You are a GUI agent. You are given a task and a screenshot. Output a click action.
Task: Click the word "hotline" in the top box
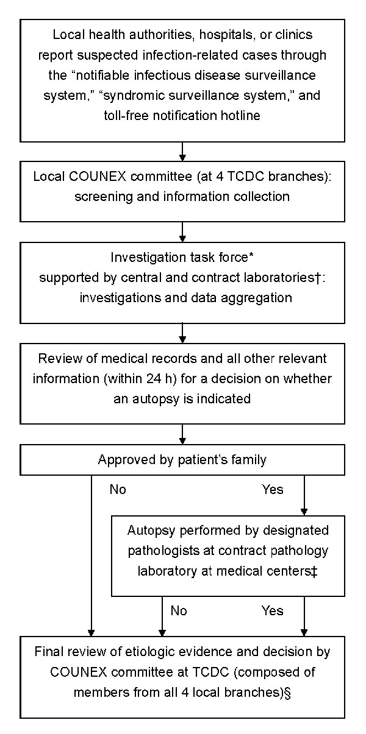tap(240, 115)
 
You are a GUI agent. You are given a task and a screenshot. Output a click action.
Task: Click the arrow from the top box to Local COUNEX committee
tap(182, 152)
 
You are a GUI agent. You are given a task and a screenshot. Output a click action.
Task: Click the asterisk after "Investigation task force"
tap(251, 255)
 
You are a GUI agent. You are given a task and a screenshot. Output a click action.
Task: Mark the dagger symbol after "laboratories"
tap(317, 278)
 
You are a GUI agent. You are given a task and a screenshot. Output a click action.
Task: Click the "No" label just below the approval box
tap(118, 490)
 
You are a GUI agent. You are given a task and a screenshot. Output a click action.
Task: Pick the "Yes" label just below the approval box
tap(273, 490)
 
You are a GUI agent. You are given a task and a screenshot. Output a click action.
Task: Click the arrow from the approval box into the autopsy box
tap(304, 495)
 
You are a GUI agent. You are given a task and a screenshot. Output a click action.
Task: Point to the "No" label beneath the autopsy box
tap(179, 611)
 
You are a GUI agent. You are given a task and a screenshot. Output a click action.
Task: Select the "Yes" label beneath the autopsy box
tap(273, 611)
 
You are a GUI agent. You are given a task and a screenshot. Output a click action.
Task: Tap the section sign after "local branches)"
tap(288, 693)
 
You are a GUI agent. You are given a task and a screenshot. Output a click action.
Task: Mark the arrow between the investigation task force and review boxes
tap(182, 334)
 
